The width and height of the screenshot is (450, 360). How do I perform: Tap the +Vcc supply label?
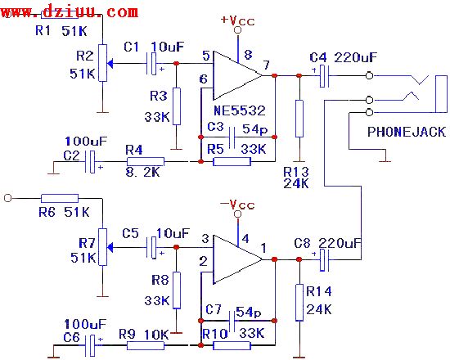(238, 18)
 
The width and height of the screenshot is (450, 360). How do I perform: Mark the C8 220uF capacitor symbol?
(322, 260)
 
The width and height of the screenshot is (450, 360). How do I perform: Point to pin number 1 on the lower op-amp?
(263, 247)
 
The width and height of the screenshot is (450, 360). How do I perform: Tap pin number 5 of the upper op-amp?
(205, 56)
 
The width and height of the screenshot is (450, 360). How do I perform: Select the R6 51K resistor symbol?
(60, 197)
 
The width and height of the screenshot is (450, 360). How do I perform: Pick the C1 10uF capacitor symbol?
(153, 61)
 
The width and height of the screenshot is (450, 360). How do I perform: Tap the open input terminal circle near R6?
(9, 197)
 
